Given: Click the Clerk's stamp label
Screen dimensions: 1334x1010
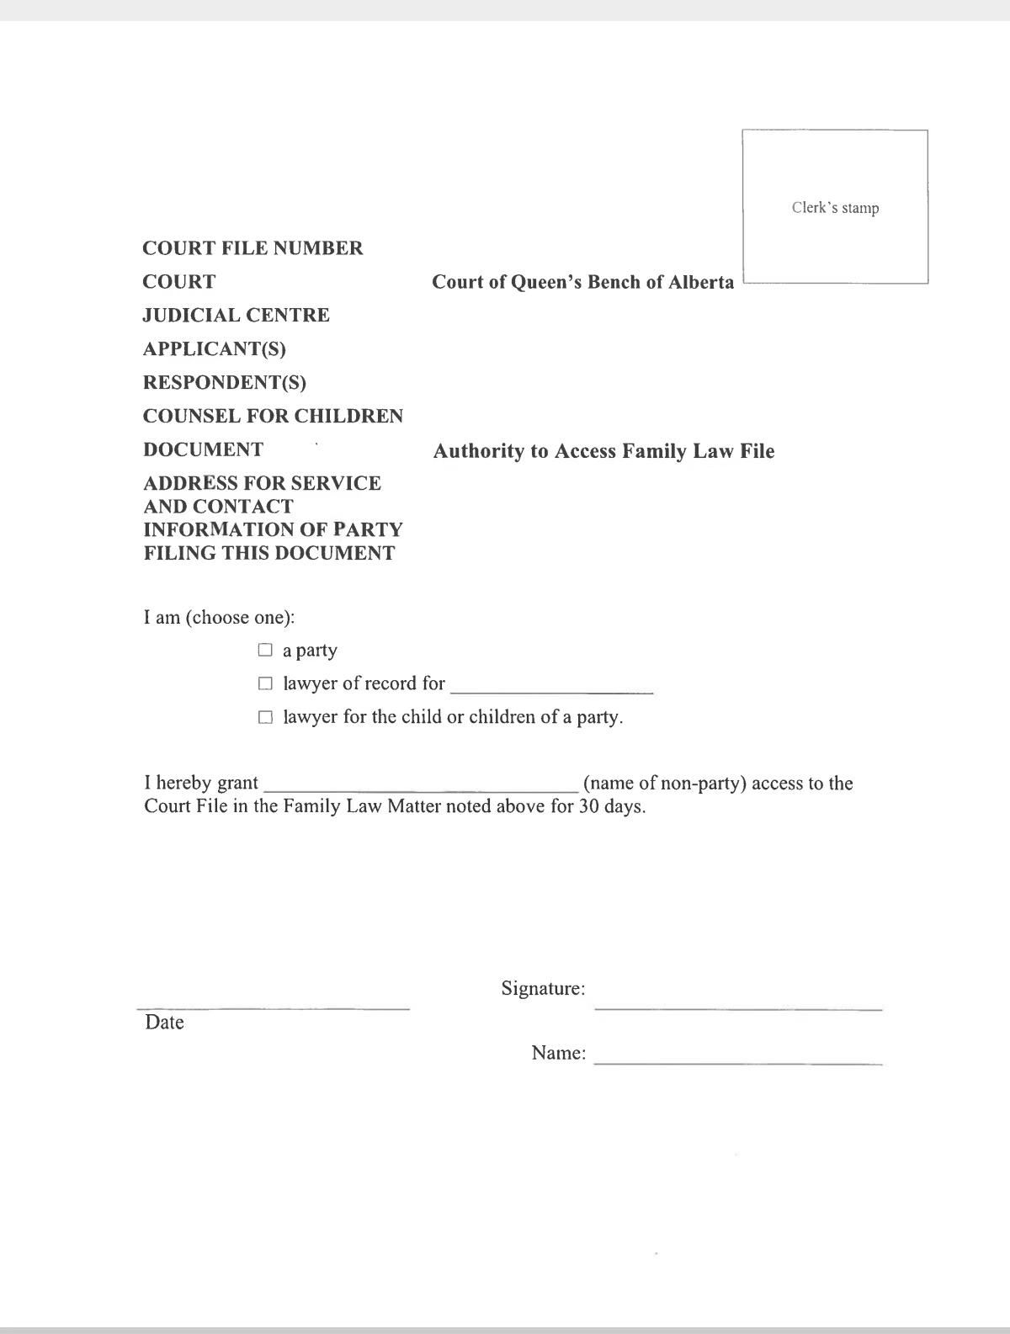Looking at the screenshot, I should (x=835, y=208).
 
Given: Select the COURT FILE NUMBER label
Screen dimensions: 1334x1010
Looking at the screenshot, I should (x=252, y=248).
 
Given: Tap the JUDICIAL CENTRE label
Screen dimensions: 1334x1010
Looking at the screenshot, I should (x=236, y=316).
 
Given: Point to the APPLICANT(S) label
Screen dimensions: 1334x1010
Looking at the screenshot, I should (x=215, y=349).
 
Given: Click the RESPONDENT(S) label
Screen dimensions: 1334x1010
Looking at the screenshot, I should (x=225, y=383).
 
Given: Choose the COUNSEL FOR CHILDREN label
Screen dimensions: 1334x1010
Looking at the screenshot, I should (x=273, y=417).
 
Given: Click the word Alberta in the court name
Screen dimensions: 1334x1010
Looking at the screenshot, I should (x=702, y=282).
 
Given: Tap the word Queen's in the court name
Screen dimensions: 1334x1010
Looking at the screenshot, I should (x=546, y=282).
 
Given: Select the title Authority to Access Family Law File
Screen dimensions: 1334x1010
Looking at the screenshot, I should (x=603, y=451).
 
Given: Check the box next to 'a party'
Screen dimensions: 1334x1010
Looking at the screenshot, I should (x=266, y=650).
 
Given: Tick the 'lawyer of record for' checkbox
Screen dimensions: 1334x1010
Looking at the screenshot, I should (x=266, y=683).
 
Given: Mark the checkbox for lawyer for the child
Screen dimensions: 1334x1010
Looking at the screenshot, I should (x=266, y=717).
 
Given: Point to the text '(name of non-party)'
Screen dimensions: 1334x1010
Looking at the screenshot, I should (x=664, y=784).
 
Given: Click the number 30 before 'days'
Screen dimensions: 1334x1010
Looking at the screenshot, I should (x=588, y=806).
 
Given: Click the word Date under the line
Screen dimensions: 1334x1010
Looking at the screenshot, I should (x=164, y=1023).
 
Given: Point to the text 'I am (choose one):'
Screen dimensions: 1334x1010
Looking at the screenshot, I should (x=219, y=618).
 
